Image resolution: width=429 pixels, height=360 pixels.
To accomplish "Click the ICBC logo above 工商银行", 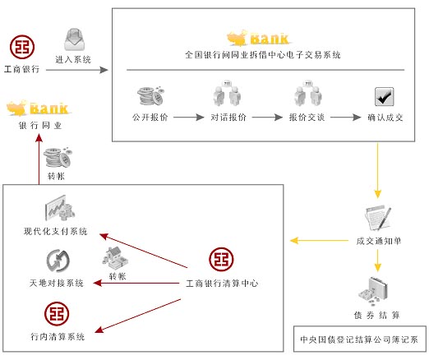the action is point(22,47).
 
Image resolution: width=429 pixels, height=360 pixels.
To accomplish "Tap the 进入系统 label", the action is point(73,59).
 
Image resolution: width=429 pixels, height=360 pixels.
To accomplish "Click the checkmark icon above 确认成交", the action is point(385,96).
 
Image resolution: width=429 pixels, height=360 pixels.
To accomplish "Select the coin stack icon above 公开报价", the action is point(150,96).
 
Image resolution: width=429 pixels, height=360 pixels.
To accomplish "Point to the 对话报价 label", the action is point(228,118).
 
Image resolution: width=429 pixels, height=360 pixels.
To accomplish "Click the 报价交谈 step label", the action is point(307,118).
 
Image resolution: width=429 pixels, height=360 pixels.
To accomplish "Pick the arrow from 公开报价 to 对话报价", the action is point(189,118).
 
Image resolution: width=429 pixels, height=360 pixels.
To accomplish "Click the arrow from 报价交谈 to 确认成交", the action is point(346,118).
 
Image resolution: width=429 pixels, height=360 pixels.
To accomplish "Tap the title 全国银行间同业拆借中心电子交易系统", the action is point(263,55).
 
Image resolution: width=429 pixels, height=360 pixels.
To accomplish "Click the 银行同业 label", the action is point(40,126).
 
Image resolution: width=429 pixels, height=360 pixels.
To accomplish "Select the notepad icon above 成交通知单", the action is point(378,218).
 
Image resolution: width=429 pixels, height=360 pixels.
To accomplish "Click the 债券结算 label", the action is point(376,315).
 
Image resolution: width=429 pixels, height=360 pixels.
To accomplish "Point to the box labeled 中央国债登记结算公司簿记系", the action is point(360,339).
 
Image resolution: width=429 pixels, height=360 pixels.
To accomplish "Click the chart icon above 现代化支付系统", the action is point(60,208).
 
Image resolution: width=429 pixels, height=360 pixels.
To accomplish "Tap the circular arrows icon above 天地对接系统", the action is point(58,261).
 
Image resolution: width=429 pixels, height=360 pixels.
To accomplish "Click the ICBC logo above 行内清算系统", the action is point(57,314).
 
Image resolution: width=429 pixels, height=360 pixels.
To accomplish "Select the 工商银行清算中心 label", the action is point(222,283).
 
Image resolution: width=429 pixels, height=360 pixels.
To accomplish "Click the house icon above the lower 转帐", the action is point(115,258).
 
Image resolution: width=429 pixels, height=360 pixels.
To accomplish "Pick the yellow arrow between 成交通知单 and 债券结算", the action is point(378,261).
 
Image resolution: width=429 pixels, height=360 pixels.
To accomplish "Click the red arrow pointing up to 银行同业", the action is point(39,159).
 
